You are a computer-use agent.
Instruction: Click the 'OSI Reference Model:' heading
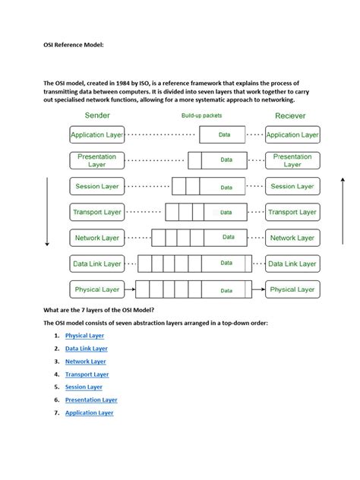(72, 45)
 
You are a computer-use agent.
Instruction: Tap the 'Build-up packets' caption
(201, 115)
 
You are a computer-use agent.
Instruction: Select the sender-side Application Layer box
(96, 135)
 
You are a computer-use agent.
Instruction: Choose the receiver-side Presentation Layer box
(292, 160)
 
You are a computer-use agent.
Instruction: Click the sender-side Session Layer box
(96, 186)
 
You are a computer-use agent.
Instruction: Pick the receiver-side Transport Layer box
(292, 212)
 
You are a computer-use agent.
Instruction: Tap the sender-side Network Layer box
(96, 238)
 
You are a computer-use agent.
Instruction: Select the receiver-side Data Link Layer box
(292, 264)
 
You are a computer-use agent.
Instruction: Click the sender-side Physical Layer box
(96, 289)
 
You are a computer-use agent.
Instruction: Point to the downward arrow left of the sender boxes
(47, 212)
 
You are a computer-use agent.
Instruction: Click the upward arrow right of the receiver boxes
(343, 212)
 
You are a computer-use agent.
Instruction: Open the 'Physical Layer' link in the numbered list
(84, 335)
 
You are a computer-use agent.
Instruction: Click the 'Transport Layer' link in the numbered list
(87, 374)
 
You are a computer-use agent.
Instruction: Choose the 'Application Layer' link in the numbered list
(89, 412)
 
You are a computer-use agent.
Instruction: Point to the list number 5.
(57, 387)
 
